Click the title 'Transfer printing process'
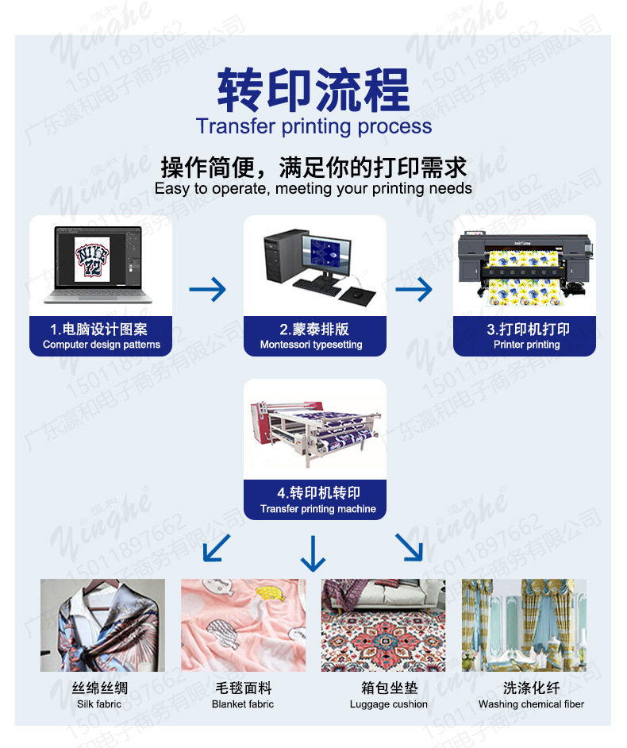313,126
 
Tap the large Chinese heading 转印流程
313,90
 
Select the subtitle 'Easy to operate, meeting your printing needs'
313,189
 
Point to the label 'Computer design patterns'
101,345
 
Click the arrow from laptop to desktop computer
207,289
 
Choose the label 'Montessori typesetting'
310,345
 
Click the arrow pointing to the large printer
414,289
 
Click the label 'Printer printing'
526,345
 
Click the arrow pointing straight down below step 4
313,553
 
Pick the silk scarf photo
102,626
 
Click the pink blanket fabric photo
243,626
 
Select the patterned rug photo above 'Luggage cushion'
383,626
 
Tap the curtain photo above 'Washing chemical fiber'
524,626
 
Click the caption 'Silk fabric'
99,704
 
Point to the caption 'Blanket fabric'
243,704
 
